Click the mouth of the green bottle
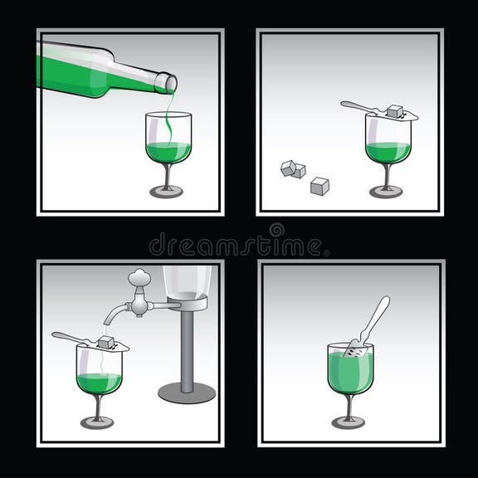click(172, 82)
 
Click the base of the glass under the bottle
click(166, 192)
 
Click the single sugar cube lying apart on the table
click(319, 187)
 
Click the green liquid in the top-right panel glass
click(388, 152)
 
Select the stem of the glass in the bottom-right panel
click(349, 406)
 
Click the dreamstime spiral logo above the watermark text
click(276, 230)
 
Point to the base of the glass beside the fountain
click(97, 422)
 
